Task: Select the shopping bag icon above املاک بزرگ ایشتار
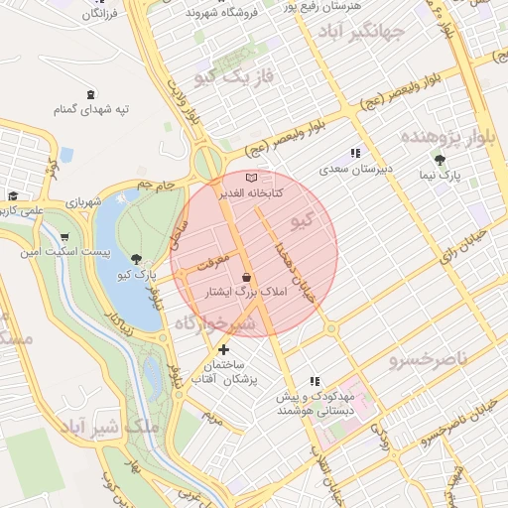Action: point(245,278)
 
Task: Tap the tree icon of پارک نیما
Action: point(440,159)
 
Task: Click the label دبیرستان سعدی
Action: point(356,170)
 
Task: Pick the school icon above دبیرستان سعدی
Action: point(354,154)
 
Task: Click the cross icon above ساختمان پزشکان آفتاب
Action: point(223,349)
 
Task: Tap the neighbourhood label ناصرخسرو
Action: point(426,356)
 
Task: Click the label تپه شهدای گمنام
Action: point(91,109)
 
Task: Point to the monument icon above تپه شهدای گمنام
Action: point(92,92)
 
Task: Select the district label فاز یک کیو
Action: point(235,75)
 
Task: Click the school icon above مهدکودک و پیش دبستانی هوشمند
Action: point(315,380)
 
